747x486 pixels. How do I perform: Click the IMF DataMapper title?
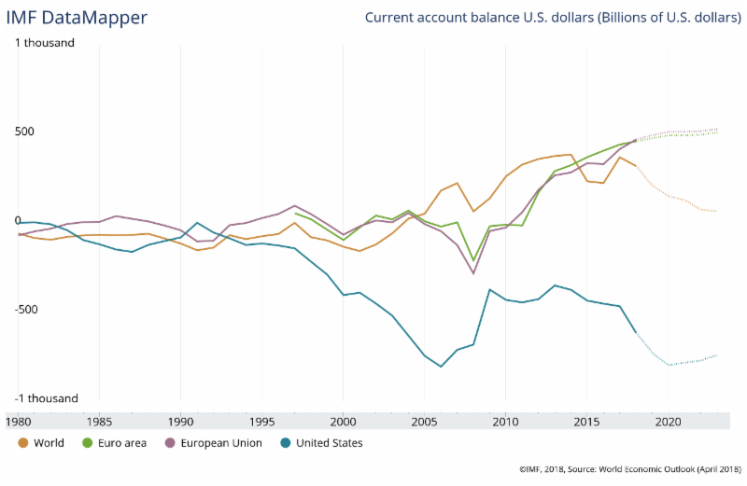(77, 18)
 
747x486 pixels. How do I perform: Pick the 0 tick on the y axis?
(17, 221)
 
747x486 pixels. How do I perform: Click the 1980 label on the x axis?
(18, 421)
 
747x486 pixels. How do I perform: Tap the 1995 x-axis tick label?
(261, 421)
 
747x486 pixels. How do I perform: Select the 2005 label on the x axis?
(424, 421)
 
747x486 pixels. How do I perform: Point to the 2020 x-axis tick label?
(668, 421)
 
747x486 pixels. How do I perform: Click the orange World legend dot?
(22, 443)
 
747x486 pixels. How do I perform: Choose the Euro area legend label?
(123, 443)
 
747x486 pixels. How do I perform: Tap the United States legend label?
(330, 443)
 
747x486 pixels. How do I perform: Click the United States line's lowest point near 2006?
(441, 367)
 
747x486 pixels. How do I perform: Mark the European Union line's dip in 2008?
(473, 273)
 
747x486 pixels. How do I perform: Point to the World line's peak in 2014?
(571, 155)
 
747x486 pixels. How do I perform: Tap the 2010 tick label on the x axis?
(505, 421)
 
